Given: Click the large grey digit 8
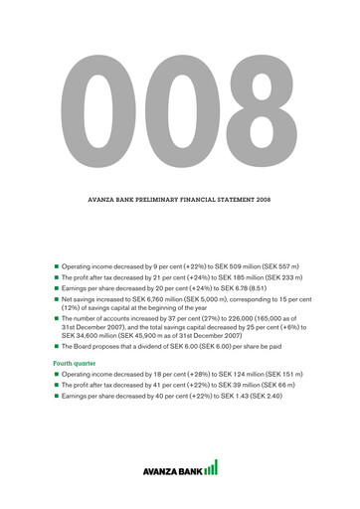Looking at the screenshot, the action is pos(249,104).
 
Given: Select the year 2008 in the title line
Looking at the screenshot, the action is pos(261,200).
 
